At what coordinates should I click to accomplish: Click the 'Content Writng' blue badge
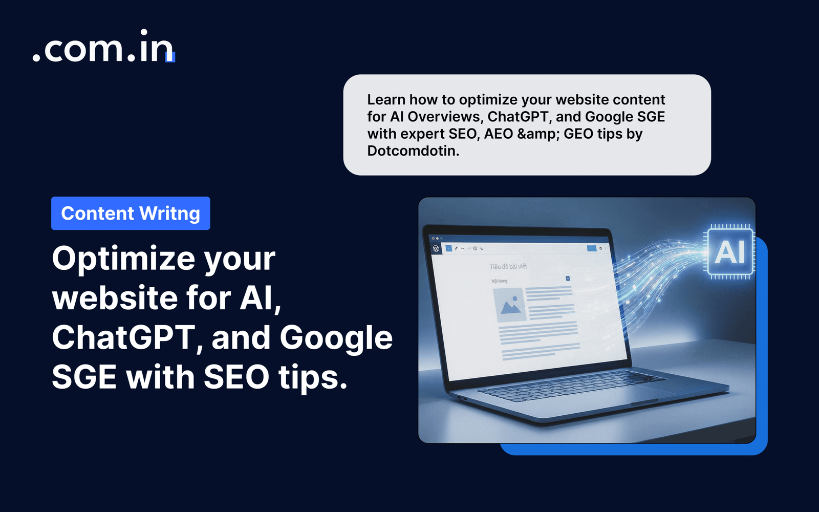point(131,214)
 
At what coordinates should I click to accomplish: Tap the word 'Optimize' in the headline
point(123,259)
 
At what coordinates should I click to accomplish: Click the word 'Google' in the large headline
point(336,338)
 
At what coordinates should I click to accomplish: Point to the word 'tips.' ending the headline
point(313,378)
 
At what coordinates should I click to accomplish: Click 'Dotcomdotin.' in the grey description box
point(413,151)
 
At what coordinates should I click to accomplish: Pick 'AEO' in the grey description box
point(499,134)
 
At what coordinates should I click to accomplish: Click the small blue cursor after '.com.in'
point(170,57)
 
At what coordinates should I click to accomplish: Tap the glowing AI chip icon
point(729,252)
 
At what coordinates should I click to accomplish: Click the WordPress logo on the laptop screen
point(436,248)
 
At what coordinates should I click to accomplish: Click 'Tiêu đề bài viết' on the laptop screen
point(508,267)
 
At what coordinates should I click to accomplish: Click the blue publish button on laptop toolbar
point(592,248)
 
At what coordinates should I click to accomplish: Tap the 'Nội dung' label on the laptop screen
point(500,281)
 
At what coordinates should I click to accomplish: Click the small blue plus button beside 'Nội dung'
point(568,279)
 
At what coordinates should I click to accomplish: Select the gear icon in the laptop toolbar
point(600,248)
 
